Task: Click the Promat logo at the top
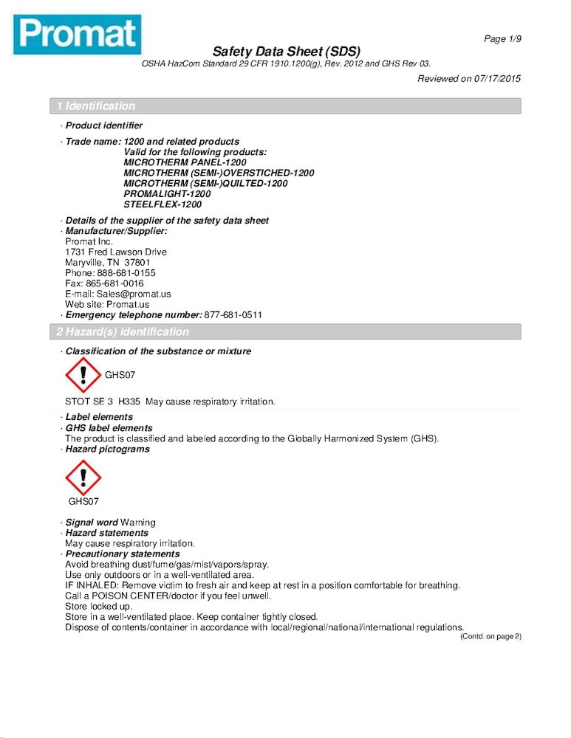[77, 34]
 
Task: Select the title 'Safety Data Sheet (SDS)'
[286, 52]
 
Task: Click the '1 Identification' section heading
[96, 106]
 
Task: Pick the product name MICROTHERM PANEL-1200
[185, 162]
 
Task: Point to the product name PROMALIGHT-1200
[167, 194]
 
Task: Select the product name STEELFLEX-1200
[163, 204]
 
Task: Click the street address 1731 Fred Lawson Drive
[116, 252]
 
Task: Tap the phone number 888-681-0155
[126, 273]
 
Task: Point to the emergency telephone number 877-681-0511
[233, 315]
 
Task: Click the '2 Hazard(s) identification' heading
[123, 332]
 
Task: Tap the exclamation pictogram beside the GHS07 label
[83, 375]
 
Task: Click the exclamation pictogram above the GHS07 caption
[83, 477]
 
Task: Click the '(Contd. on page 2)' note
[490, 636]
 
